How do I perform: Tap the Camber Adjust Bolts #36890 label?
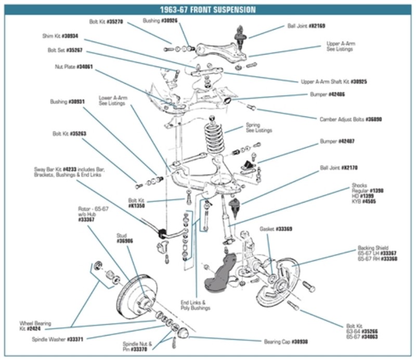350,119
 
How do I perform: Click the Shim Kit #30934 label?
60,36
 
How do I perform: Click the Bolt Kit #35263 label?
69,134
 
